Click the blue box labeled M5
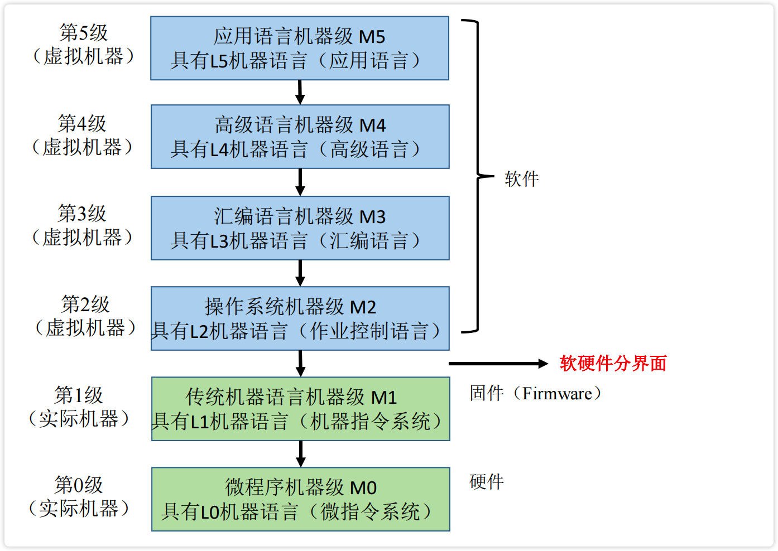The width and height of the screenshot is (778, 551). [x=299, y=48]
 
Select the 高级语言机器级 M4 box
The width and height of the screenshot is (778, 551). [x=300, y=137]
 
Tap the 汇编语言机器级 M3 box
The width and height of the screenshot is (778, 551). [x=300, y=228]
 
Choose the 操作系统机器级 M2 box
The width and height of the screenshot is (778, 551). [x=300, y=318]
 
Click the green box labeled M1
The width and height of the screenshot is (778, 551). [x=301, y=409]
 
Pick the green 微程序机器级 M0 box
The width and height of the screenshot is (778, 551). [x=301, y=499]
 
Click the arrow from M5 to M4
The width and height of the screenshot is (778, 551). [x=300, y=92]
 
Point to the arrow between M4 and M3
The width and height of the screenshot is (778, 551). [x=300, y=182]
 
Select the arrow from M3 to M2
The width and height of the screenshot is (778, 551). [x=300, y=273]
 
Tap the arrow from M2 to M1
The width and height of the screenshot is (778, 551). [x=300, y=364]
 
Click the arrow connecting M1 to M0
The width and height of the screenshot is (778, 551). [x=301, y=454]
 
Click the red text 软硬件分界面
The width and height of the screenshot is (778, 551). [x=613, y=363]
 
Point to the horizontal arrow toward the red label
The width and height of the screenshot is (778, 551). [x=498, y=364]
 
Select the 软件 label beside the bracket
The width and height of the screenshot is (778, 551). [x=522, y=179]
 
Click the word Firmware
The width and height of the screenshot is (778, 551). [x=557, y=394]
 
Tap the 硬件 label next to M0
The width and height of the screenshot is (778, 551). [x=487, y=482]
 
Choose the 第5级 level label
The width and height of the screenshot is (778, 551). [x=84, y=32]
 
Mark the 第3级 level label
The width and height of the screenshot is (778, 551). [x=82, y=213]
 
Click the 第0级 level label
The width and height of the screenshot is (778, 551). [x=79, y=485]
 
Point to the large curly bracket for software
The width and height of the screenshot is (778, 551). [x=478, y=176]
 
